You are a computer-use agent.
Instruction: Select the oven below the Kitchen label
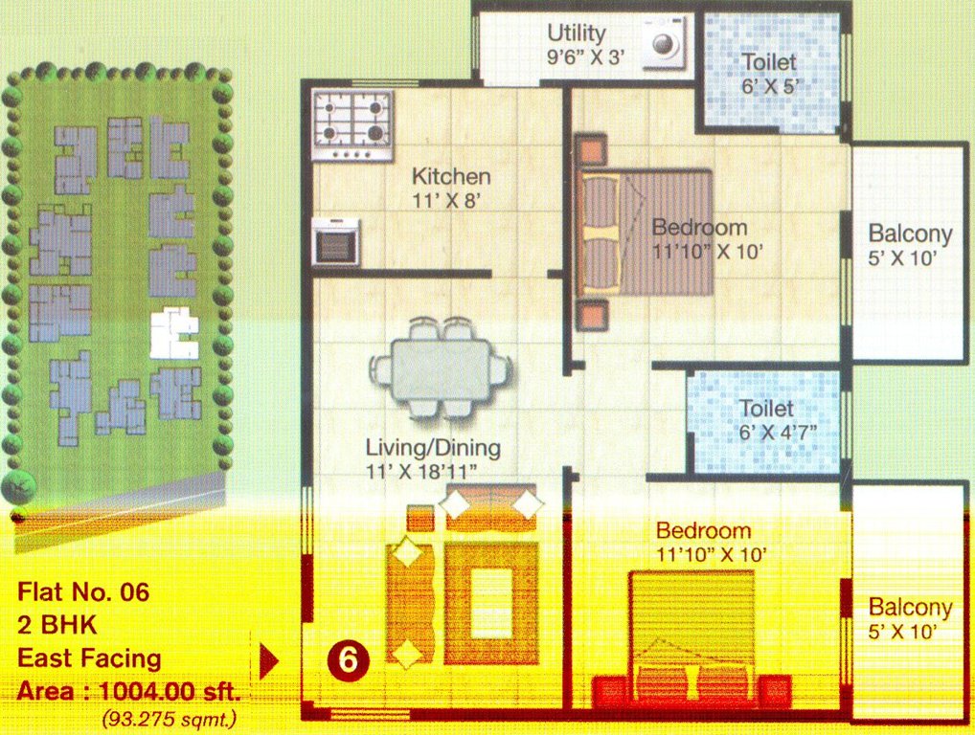tap(336, 242)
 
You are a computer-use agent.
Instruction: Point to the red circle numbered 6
tap(350, 659)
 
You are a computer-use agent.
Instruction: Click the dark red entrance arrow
tap(269, 659)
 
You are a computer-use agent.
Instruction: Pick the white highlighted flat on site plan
tap(172, 332)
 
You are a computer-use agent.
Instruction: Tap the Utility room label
tap(577, 33)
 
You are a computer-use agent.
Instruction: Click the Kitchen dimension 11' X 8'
tap(451, 200)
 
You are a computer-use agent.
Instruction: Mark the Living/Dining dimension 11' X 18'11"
tap(433, 471)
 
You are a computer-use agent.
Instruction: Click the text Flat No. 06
tap(83, 592)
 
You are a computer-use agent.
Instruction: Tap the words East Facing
tap(89, 658)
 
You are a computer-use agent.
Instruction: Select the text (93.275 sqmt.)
tap(168, 716)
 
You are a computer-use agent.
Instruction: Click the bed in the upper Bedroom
tap(646, 231)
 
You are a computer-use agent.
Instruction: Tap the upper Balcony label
tap(910, 234)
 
